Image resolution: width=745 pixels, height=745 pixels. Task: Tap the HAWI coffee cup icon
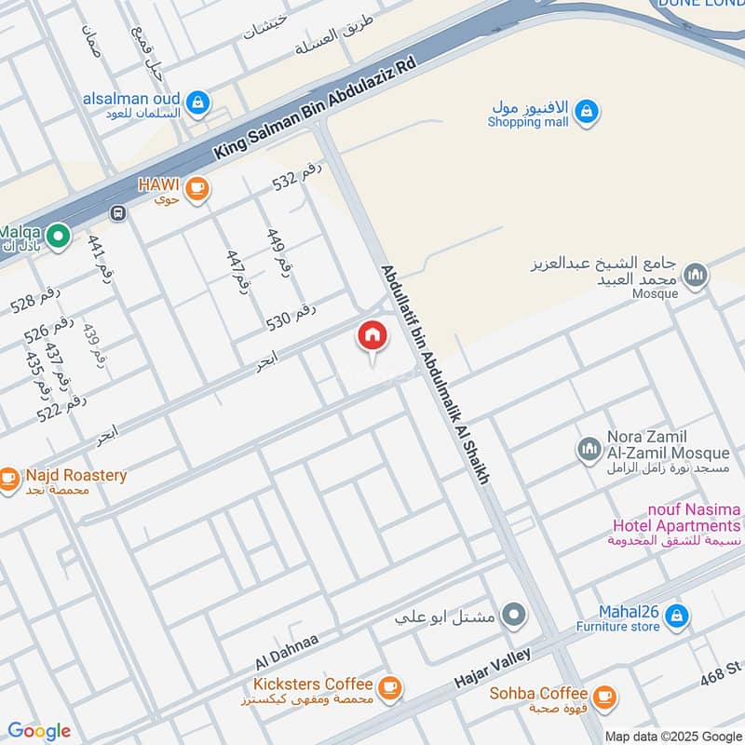point(196,189)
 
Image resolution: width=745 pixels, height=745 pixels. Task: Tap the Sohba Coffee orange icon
point(603,696)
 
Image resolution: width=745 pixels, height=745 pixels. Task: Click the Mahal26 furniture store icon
point(677,616)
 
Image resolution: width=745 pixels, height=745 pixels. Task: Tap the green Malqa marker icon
point(58,237)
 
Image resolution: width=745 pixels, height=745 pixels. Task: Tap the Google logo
point(39,731)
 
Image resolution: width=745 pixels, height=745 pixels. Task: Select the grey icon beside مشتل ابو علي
point(513,616)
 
